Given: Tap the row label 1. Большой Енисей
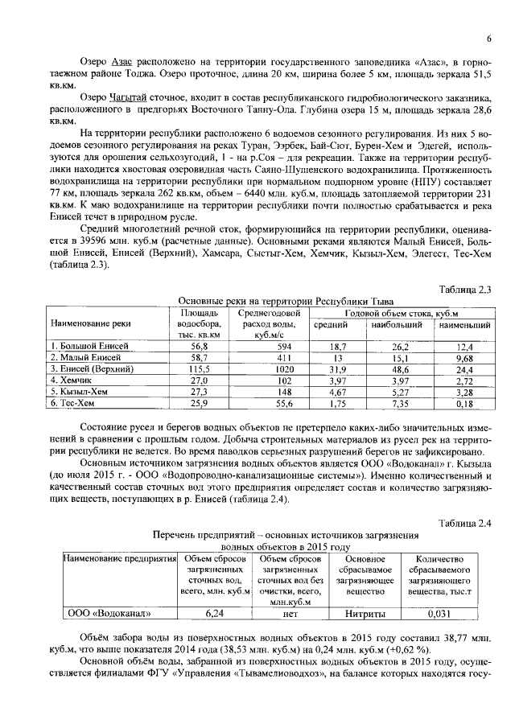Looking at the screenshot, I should click(x=84, y=346).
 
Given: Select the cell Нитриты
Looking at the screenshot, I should click(x=365, y=613).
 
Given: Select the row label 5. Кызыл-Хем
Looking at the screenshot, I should click(x=76, y=391).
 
